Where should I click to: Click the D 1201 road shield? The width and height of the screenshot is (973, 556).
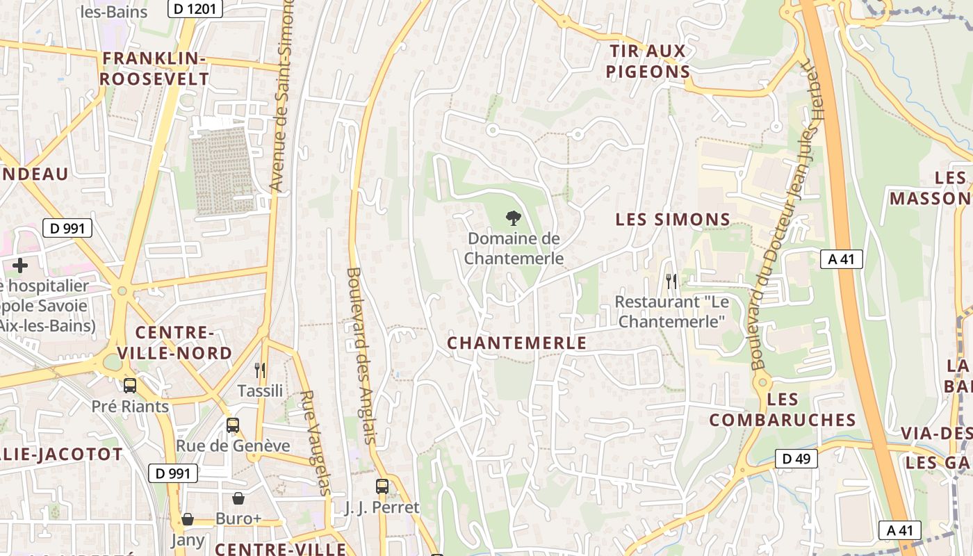tap(196, 9)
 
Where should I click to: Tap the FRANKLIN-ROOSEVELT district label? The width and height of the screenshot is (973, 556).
tap(154, 69)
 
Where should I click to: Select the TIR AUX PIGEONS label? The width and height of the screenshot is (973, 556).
tap(648, 61)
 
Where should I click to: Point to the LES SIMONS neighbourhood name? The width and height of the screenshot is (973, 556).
tap(673, 220)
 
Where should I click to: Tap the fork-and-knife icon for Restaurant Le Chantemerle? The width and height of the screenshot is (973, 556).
tap(671, 281)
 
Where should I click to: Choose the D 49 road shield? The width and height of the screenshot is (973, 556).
tap(796, 459)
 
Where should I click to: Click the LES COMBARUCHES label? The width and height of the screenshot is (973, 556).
tap(783, 409)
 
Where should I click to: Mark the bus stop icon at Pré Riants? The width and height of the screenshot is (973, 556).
tap(130, 386)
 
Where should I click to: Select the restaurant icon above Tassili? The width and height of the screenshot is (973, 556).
tap(260, 370)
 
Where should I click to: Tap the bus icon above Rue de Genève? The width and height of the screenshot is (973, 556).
tap(233, 425)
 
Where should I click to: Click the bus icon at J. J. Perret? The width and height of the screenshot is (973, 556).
tap(382, 486)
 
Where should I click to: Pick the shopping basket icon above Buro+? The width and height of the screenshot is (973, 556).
tap(238, 498)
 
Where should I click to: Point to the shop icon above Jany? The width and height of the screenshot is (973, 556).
tap(187, 519)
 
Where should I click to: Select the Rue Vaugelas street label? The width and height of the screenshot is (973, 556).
tap(315, 443)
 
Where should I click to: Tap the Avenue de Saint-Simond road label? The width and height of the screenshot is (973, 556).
tap(283, 97)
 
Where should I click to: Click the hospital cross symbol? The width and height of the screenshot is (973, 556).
tap(20, 265)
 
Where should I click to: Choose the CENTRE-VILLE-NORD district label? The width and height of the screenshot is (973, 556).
tap(174, 343)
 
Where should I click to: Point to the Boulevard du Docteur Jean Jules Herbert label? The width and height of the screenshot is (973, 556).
tap(784, 215)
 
